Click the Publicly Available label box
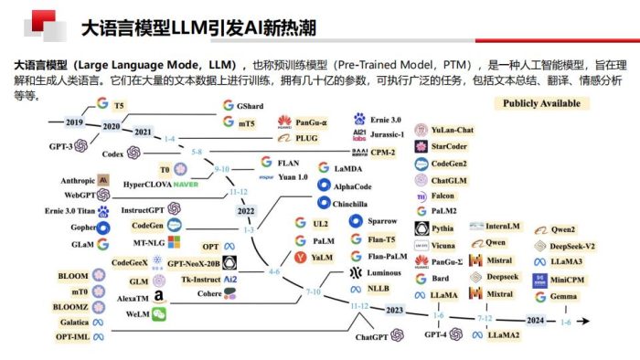541,103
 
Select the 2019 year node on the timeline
74,122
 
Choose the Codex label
113,154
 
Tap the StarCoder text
451,146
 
